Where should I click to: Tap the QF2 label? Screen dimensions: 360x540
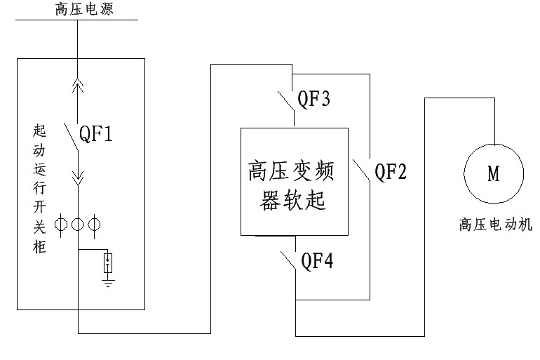[391, 171]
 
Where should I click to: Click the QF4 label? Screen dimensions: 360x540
[317, 262]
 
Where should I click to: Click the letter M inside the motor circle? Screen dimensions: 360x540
[494, 174]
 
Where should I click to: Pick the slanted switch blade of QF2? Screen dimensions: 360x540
[361, 171]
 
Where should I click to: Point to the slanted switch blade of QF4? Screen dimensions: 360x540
[286, 262]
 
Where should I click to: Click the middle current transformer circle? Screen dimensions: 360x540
[77, 225]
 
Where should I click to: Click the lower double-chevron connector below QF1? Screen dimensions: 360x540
[77, 181]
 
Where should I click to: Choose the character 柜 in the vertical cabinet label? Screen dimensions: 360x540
[39, 248]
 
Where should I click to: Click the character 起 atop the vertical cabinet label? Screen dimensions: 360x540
[39, 131]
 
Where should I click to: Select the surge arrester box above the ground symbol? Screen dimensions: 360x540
[108, 263]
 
